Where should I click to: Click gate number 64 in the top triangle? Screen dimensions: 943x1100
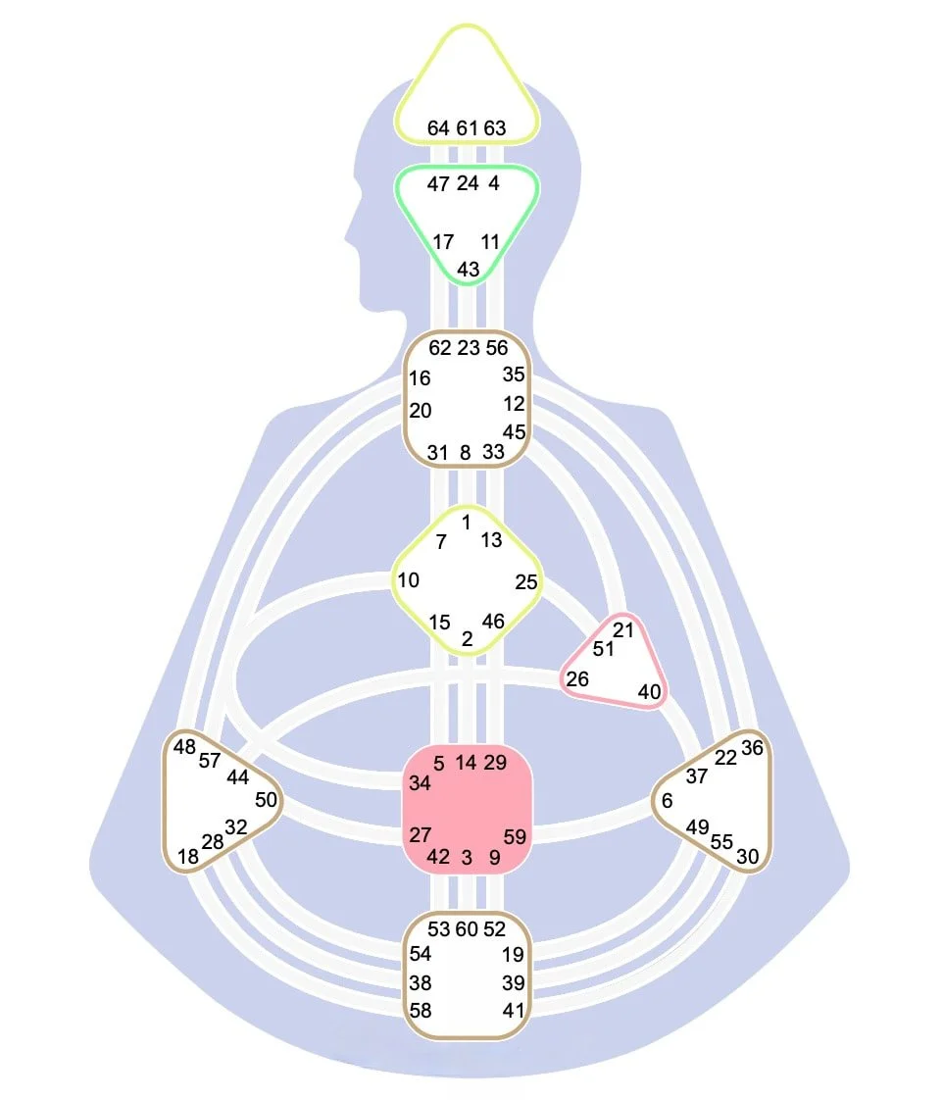pyautogui.click(x=438, y=128)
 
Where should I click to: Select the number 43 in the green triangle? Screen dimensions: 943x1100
pyautogui.click(x=468, y=270)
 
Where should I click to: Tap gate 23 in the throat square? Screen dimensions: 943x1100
pyautogui.click(x=468, y=348)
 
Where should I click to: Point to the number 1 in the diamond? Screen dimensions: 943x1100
pyautogui.click(x=466, y=522)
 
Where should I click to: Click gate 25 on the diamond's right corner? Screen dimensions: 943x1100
pyautogui.click(x=526, y=581)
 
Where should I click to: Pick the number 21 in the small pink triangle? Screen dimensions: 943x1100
pyautogui.click(x=623, y=630)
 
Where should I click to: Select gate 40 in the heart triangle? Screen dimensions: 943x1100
pyautogui.click(x=649, y=692)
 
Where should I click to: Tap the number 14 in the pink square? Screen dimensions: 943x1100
pyautogui.click(x=466, y=763)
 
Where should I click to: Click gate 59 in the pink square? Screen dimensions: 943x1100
pyautogui.click(x=515, y=837)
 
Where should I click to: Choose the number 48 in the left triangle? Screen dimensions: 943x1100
pyautogui.click(x=184, y=747)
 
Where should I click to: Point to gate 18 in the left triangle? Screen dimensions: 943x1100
pyautogui.click(x=188, y=857)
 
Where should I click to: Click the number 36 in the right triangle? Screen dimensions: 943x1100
pyautogui.click(x=752, y=748)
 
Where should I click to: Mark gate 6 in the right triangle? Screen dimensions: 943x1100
pyautogui.click(x=668, y=800)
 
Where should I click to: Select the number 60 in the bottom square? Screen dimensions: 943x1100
pyautogui.click(x=467, y=929)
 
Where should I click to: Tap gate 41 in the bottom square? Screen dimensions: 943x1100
pyautogui.click(x=514, y=1010)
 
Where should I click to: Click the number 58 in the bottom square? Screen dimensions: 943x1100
pyautogui.click(x=421, y=1010)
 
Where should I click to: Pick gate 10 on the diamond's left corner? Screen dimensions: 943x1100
pyautogui.click(x=409, y=580)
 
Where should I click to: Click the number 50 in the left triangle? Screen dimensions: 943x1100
pyautogui.click(x=266, y=800)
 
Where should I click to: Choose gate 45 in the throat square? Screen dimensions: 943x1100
pyautogui.click(x=515, y=432)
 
